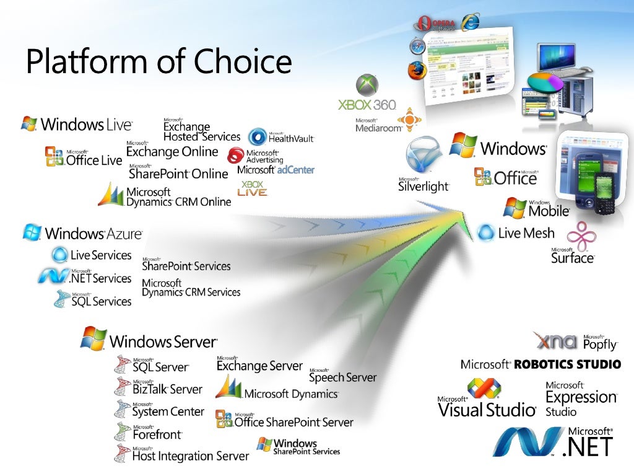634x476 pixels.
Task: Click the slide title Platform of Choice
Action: pos(158,61)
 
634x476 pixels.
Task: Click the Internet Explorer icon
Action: pos(470,22)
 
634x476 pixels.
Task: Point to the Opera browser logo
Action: pos(424,24)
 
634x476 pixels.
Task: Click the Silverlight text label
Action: pos(423,185)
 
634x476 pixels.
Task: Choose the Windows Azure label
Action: pos(93,234)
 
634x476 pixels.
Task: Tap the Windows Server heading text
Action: pos(163,341)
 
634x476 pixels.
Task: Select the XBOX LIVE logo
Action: pos(253,188)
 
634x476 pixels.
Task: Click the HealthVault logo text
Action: pos(290,138)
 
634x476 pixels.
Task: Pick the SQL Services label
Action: pos(102,301)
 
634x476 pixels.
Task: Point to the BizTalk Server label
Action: pos(167,389)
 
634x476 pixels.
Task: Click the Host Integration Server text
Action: pos(190,456)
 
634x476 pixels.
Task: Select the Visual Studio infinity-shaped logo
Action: pos(484,389)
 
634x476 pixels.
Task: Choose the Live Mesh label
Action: pos(526,233)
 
